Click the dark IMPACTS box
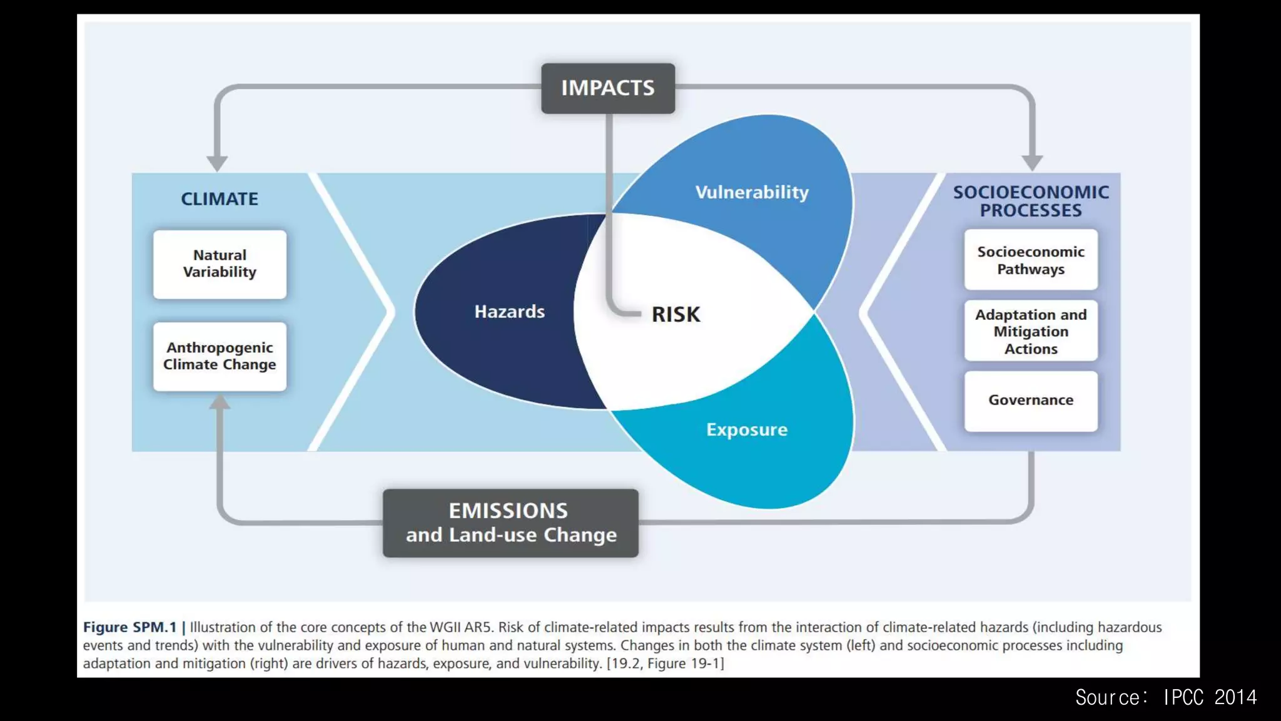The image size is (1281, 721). coord(607,88)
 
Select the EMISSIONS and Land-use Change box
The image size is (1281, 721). coord(510,523)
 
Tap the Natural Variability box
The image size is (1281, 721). coord(220,264)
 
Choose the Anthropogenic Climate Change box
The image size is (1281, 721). coord(220,356)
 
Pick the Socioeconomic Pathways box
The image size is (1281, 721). coord(1030,260)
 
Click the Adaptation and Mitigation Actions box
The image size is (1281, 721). coord(1030,331)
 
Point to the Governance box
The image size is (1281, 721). coord(1030,401)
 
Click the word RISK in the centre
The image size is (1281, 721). coord(676,314)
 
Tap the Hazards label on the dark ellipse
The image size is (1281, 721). coord(509,312)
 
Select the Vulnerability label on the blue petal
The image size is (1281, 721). coord(752,192)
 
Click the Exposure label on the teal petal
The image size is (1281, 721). coord(747,430)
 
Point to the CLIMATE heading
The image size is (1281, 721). coord(220,199)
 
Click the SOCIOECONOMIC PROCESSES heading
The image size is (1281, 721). coord(1030,201)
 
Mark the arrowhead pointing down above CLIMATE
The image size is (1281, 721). coord(217,163)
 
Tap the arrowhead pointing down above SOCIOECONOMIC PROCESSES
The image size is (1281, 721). coord(1032,163)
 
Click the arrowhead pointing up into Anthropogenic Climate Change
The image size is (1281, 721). coord(220,402)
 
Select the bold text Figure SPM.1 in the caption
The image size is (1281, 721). coord(130,627)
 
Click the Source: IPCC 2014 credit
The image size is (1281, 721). coord(1166,697)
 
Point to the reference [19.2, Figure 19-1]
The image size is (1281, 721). coord(665,663)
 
